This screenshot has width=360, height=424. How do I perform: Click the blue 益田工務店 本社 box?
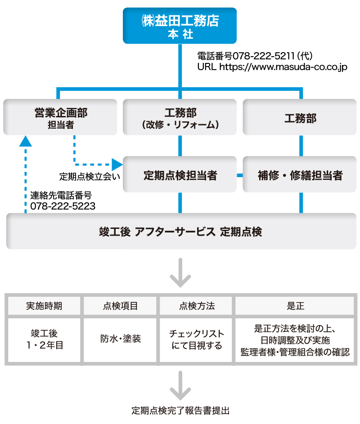tap(180, 26)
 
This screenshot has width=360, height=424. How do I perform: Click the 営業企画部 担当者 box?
tap(60, 117)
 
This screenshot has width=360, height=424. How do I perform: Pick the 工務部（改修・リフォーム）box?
tap(180, 117)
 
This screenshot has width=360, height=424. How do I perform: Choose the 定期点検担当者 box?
tap(180, 175)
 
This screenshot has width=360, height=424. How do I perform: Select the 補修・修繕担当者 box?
tap(300, 175)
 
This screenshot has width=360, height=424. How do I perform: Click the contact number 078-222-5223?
tap(63, 206)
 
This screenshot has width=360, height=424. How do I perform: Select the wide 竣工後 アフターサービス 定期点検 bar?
tap(180, 232)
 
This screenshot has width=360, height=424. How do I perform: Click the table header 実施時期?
tap(44, 306)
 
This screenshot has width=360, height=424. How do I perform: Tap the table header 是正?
tap(295, 306)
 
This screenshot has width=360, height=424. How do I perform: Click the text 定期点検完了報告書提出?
tap(180, 411)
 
